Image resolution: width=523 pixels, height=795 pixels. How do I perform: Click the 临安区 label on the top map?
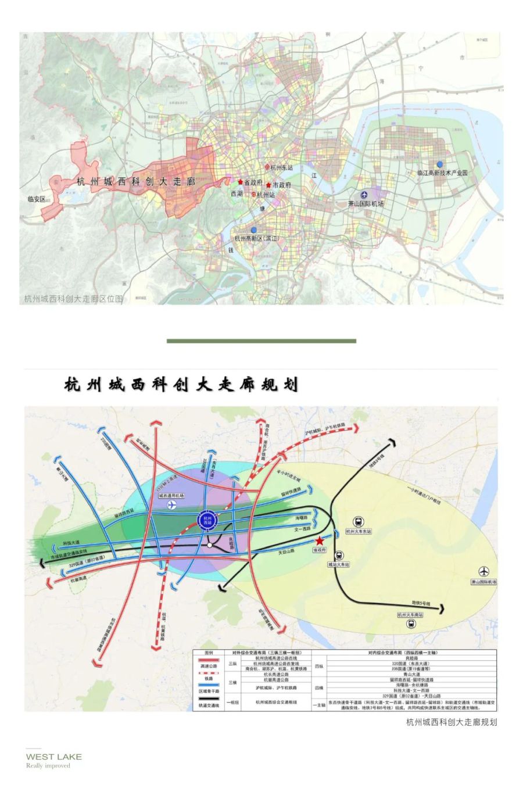37,199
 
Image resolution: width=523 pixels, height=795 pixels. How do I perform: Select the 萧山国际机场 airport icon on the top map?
364,195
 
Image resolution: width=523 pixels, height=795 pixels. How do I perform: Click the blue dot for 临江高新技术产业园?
440,164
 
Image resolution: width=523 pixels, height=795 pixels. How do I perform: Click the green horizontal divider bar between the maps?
261,341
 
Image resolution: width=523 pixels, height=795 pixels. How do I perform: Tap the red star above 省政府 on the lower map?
319,540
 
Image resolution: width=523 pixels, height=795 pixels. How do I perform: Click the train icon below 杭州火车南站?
411,624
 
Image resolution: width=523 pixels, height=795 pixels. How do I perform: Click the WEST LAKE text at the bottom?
54,757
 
